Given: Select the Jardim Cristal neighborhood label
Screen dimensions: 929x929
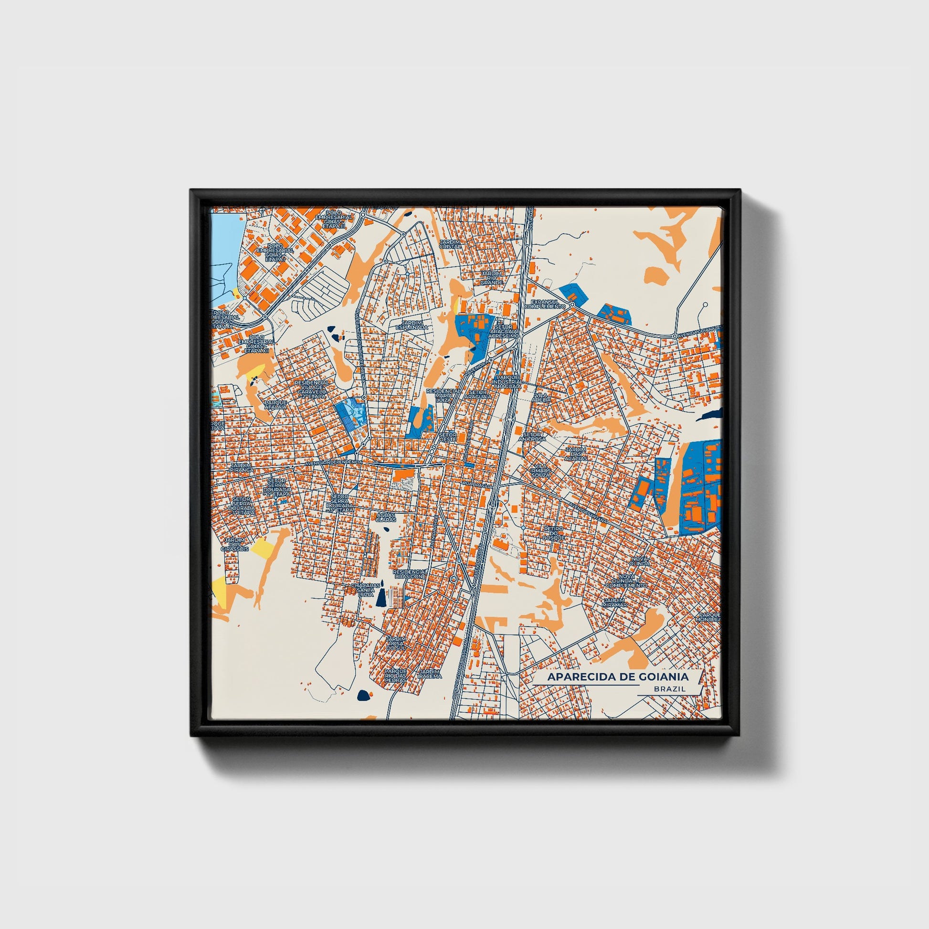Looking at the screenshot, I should click(450, 244).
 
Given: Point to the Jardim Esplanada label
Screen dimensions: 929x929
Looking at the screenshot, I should click(411, 325).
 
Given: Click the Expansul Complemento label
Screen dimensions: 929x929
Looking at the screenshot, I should click(545, 304).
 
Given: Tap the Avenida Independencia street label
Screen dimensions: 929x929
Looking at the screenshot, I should click(333, 462).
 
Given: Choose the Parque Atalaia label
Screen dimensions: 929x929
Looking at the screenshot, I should click(275, 405).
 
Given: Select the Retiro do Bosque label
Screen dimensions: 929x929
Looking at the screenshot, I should click(553, 533).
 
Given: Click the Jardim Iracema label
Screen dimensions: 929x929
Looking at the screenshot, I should click(429, 673).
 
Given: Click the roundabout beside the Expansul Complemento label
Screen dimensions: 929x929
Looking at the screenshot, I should click(572, 305).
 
